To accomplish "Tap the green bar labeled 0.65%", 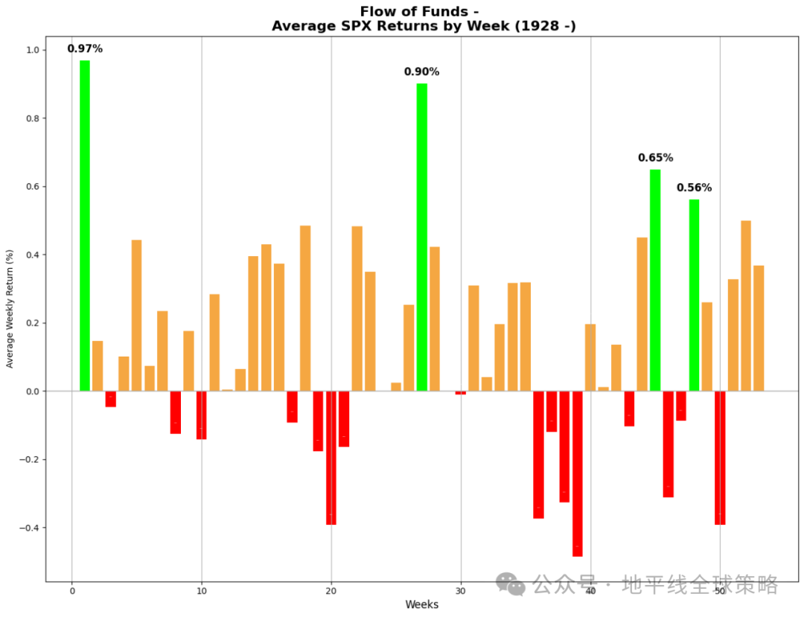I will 655,280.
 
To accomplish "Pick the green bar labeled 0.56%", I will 694,295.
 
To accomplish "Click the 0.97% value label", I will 85,49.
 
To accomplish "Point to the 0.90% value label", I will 421,72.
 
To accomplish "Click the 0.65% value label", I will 655,158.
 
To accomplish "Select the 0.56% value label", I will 694,188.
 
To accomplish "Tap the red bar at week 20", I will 331,458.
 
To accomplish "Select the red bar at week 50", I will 720,458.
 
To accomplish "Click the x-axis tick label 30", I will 461,592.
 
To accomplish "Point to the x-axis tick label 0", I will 72,592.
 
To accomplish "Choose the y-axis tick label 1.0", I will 31,51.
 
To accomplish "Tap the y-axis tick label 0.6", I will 31,187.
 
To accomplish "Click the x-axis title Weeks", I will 422,604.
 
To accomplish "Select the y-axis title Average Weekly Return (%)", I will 10,309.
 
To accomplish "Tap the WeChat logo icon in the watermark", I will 511,584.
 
